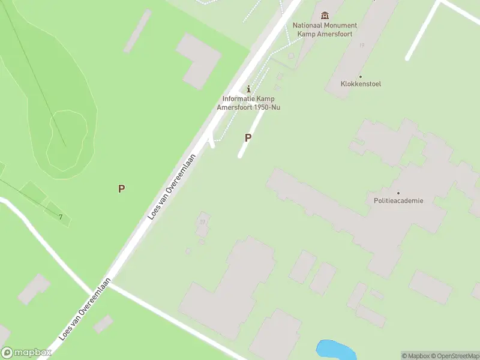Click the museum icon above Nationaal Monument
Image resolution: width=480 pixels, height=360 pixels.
325,15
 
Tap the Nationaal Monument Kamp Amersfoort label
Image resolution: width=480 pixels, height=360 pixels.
325,29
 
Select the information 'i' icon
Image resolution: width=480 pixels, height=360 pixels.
249,89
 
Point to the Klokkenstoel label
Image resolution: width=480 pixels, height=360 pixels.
361,84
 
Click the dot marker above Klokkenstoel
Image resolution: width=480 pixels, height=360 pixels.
361,76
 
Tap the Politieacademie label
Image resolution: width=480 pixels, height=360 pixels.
398,201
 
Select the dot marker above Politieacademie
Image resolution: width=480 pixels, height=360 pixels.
398,193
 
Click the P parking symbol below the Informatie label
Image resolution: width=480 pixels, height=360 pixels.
248,137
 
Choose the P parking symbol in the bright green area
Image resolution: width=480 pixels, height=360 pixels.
121,188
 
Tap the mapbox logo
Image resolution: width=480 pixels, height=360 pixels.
26,353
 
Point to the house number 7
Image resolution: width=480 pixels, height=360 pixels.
61,217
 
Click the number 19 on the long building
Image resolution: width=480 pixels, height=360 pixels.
362,45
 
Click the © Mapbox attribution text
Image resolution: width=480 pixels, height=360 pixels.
416,356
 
